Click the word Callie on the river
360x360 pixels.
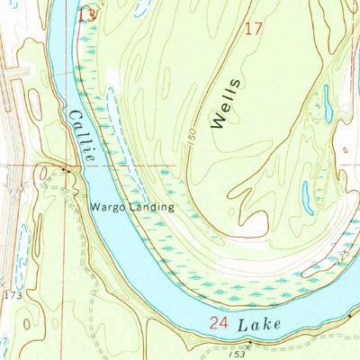[x=80, y=135]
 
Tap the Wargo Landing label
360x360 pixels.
[x=131, y=206]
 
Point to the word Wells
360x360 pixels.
[x=227, y=104]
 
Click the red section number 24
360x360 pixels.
[x=219, y=322]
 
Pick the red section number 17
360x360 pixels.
[x=254, y=29]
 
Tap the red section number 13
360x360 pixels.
[x=86, y=15]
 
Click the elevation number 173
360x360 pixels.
[x=10, y=295]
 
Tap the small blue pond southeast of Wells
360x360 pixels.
[x=309, y=192]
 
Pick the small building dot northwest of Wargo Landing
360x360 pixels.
[x=64, y=169]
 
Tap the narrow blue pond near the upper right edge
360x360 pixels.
[x=328, y=103]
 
